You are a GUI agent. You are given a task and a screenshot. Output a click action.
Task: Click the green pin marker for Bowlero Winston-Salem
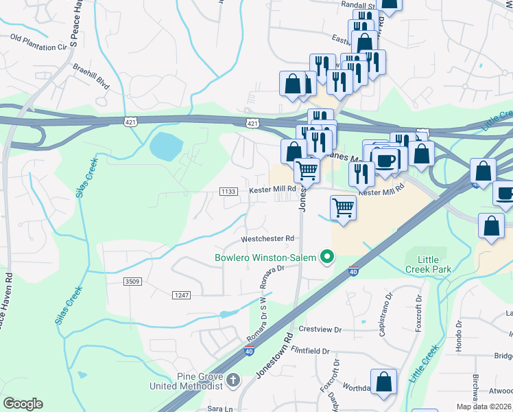327,258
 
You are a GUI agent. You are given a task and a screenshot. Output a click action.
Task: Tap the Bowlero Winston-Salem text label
264,258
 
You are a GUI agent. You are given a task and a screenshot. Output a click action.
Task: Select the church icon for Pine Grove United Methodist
233,379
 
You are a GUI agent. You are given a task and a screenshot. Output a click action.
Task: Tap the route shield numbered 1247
180,295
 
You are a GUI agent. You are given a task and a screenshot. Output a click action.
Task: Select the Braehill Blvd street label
91,77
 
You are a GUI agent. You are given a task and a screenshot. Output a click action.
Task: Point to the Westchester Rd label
267,239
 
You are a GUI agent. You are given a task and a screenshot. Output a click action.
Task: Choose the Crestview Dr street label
320,330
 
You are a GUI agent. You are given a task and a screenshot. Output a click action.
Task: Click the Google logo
23,404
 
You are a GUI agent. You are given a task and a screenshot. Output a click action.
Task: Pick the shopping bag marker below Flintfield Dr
383,382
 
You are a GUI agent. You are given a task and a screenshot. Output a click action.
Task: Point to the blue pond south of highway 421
166,145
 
